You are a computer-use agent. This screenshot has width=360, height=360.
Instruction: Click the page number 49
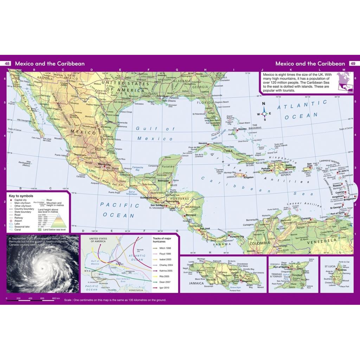click(x=352, y=64)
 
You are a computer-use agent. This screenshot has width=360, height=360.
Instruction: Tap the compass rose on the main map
click(x=264, y=113)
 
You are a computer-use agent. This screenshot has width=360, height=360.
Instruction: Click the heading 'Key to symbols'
click(x=21, y=195)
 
